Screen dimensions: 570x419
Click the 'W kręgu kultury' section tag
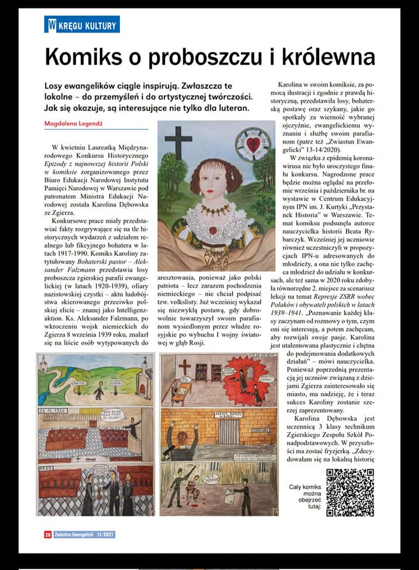pyautogui.click(x=82, y=25)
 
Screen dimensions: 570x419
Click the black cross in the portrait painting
pyautogui.click(x=178, y=142)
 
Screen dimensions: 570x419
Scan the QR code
pyautogui.click(x=350, y=492)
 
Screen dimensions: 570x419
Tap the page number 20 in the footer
pyautogui.click(x=47, y=534)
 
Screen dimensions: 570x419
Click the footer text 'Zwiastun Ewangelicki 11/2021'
pyautogui.click(x=84, y=534)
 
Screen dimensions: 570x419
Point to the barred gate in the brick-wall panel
pyautogui.click(x=228, y=431)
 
